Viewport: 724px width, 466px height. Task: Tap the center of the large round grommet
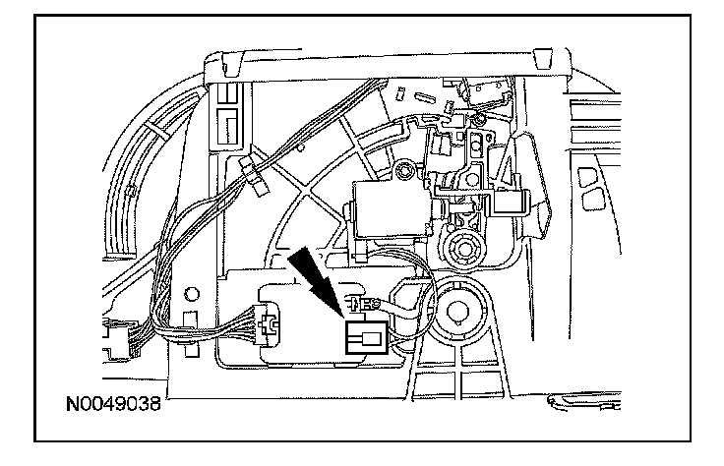pyautogui.click(x=459, y=314)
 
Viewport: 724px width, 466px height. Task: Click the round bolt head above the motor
pyautogui.click(x=401, y=173)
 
